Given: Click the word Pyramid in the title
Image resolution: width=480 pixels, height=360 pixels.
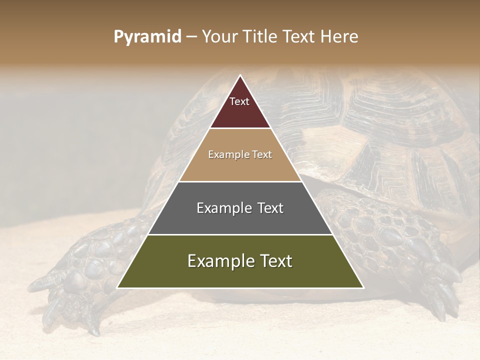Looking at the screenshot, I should click(147, 37).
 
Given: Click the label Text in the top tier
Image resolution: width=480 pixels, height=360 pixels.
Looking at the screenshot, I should click(239, 101).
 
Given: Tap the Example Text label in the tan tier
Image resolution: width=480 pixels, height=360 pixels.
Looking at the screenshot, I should click(240, 154).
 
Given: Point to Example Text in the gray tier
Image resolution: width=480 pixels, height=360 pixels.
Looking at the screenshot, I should click(240, 208).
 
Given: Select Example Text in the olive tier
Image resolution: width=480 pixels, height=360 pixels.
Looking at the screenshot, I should click(240, 261).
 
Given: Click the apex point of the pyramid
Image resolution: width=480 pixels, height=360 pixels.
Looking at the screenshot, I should click(240, 75).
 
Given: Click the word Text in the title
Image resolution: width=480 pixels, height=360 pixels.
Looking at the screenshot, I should click(300, 37).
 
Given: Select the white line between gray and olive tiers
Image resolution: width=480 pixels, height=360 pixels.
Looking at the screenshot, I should click(240, 234).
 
